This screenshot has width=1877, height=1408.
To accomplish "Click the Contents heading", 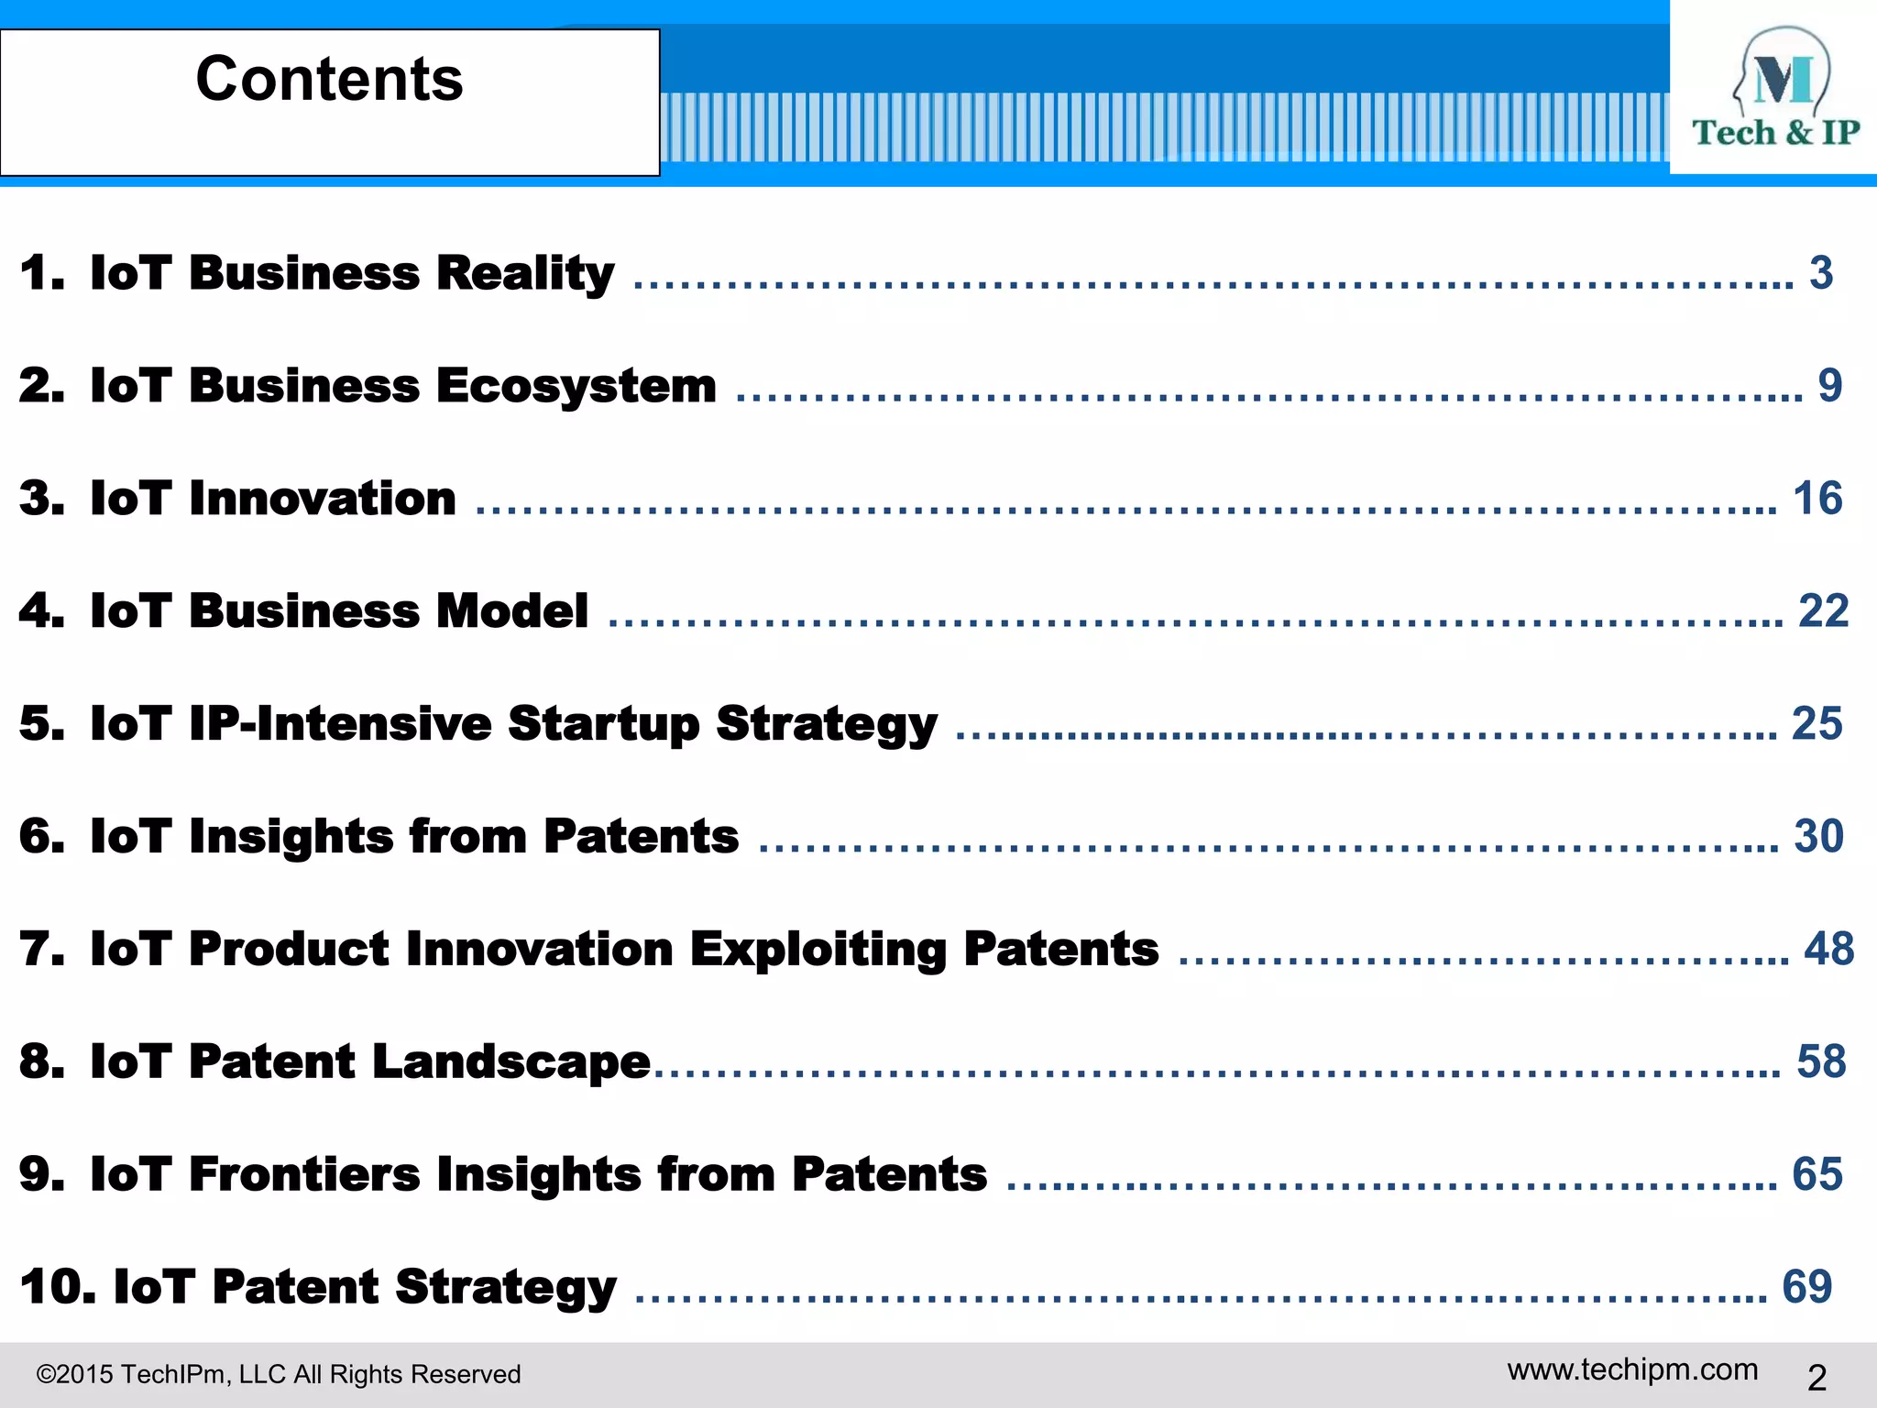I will click(329, 79).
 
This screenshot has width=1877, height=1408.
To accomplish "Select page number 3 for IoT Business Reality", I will click(1821, 272).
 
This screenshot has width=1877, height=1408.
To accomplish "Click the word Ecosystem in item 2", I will click(576, 386).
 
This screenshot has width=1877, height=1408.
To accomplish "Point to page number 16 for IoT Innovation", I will click(1817, 499).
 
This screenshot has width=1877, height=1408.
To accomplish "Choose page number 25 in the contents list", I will click(1817, 723).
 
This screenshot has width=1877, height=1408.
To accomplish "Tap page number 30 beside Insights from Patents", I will click(1818, 836).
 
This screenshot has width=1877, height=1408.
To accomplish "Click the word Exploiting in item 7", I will click(818, 950).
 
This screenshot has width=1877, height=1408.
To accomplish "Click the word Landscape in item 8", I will click(511, 1062).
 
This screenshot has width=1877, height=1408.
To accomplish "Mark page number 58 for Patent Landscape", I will click(1821, 1061).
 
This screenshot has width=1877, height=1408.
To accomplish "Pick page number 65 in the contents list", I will click(1817, 1174).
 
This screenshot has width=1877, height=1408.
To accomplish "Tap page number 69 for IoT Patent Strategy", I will click(1807, 1287).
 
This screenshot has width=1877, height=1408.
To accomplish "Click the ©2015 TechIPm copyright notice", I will click(279, 1374).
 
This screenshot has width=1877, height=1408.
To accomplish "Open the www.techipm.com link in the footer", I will click(1632, 1369).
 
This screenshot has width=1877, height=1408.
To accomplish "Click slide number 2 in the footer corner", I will click(1817, 1378).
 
